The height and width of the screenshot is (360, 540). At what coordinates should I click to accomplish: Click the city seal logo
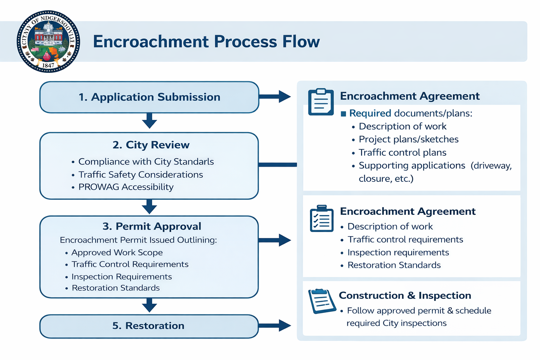pyautogui.click(x=49, y=41)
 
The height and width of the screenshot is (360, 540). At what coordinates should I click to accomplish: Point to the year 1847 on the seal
pyautogui.click(x=48, y=65)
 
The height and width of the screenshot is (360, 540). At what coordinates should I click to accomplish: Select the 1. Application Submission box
pyautogui.click(x=149, y=97)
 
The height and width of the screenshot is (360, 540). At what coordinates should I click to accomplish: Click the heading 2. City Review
pyautogui.click(x=151, y=145)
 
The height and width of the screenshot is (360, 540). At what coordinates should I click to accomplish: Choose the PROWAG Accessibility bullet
pyautogui.click(x=126, y=187)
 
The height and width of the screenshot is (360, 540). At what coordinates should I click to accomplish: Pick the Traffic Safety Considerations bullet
pyautogui.click(x=141, y=175)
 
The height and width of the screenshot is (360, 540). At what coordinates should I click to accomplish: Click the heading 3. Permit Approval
pyautogui.click(x=152, y=226)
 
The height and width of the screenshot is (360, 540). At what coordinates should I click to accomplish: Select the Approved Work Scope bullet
pyautogui.click(x=117, y=252)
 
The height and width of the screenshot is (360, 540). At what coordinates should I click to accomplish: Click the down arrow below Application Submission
pyautogui.click(x=149, y=121)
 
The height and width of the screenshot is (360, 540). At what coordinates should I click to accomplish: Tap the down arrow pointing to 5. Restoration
pyautogui.click(x=149, y=305)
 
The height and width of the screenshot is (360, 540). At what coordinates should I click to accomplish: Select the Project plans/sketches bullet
pyautogui.click(x=409, y=140)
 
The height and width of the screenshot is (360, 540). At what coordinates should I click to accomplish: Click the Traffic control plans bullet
pyautogui.click(x=403, y=153)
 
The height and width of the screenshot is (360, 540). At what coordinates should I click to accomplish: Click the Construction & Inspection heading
pyautogui.click(x=405, y=296)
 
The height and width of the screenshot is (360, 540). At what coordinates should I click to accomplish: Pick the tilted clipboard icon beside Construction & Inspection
pyautogui.click(x=321, y=301)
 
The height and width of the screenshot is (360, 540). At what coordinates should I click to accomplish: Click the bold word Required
pyautogui.click(x=370, y=113)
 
